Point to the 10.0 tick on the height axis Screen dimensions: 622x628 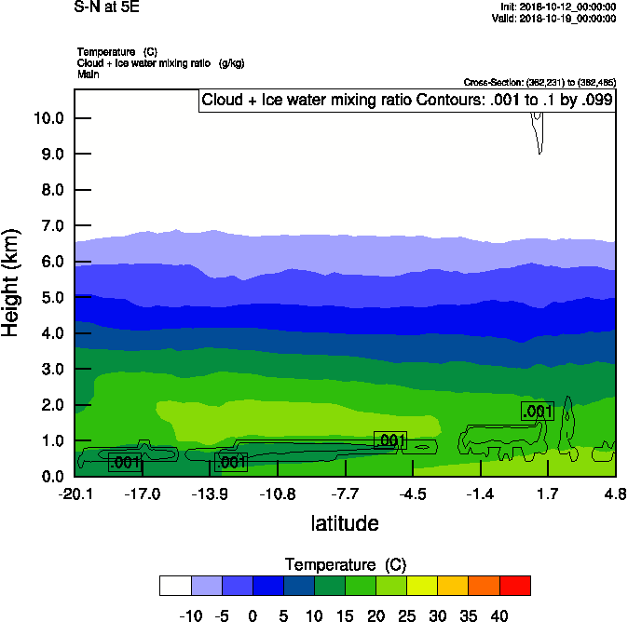(x=48, y=118)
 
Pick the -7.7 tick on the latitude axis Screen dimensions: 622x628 (x=345, y=493)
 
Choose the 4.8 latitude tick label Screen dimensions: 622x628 (x=615, y=493)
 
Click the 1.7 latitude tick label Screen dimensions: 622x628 (x=547, y=493)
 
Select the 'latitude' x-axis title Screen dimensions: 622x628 (x=345, y=523)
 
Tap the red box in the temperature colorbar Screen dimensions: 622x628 (x=515, y=585)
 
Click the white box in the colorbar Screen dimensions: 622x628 (x=175, y=585)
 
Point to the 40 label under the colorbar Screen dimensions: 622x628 (x=499, y=615)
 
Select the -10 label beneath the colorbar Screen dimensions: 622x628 (x=189, y=615)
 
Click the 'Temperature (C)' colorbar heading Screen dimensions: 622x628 (x=345, y=565)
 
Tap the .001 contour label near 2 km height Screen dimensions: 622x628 (x=538, y=412)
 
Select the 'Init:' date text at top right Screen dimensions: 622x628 (x=557, y=7)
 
